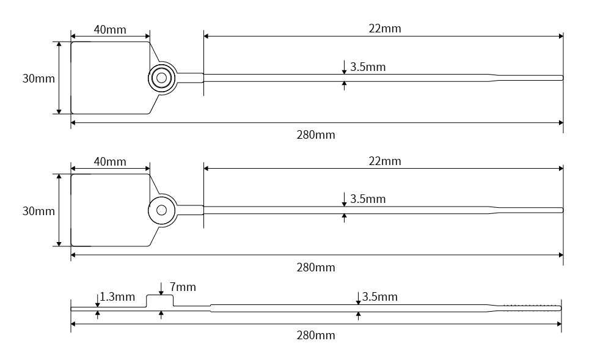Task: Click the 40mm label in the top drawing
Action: [x=110, y=29]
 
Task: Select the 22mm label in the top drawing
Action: [x=384, y=28]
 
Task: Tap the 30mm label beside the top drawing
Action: [x=38, y=78]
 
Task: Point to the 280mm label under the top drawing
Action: [x=315, y=134]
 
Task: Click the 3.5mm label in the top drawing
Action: [x=367, y=67]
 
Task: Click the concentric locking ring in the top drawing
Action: [x=162, y=78]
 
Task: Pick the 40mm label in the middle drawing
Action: [x=110, y=161]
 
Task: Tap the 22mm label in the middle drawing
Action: [x=384, y=161]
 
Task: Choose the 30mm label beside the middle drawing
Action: [x=38, y=211]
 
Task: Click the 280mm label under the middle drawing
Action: [x=315, y=267]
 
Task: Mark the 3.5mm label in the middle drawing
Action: [x=367, y=199]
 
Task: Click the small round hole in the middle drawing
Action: [x=161, y=210]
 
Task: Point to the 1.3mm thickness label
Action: [x=117, y=297]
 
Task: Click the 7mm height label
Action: [x=183, y=287]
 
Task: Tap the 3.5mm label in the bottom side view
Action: [x=379, y=297]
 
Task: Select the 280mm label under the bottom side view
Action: [x=315, y=335]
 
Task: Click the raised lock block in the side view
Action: [x=160, y=301]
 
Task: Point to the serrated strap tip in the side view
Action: [x=530, y=307]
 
